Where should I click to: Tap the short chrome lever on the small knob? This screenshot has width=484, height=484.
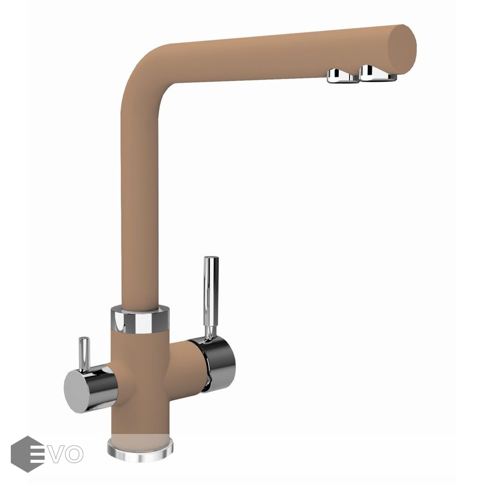[x=84, y=354]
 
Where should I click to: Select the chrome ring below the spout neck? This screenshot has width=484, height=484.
[x=140, y=319]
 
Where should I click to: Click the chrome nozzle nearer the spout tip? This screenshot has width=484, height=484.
[x=378, y=73]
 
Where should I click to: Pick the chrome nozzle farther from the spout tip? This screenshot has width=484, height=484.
[x=343, y=76]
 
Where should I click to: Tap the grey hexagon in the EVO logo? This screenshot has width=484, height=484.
[x=27, y=454]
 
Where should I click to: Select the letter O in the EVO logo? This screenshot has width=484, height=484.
[x=75, y=454]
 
